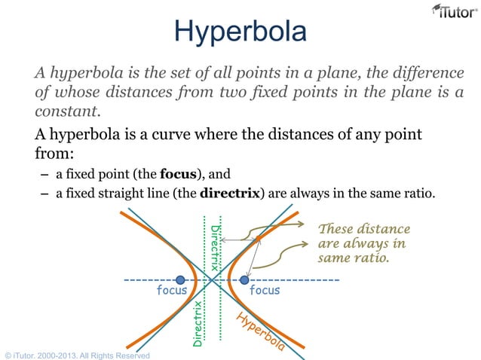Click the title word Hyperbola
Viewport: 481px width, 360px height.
(240, 32)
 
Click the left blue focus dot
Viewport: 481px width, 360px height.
(180, 280)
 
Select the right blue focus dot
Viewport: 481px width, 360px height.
(244, 280)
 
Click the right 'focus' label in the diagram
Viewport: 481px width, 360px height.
(265, 290)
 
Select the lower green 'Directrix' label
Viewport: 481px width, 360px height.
(197, 323)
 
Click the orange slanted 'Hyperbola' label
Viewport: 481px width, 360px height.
(259, 332)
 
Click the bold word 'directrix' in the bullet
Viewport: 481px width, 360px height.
(229, 194)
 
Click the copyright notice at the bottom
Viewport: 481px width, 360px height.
(75, 355)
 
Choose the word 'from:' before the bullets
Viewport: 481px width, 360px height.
(54, 154)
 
